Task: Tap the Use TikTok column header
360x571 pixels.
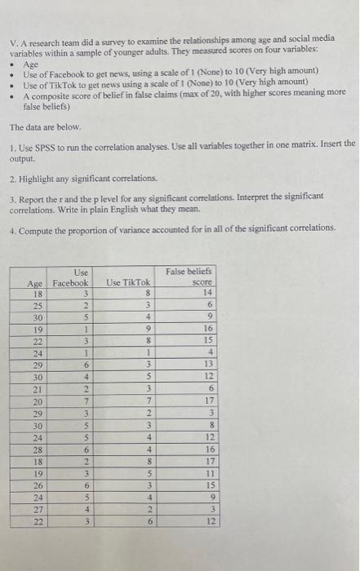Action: pyautogui.click(x=128, y=282)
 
